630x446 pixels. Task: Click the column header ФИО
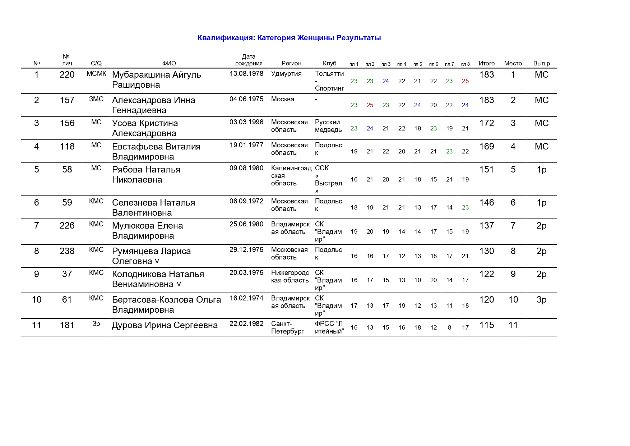(169, 64)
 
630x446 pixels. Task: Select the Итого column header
(487, 64)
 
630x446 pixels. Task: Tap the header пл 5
(417, 64)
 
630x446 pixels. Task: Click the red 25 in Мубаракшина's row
(465, 81)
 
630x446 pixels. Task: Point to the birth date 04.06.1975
(246, 99)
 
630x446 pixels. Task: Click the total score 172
(487, 123)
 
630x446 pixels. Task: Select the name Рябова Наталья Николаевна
(146, 175)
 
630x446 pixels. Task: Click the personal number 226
(67, 226)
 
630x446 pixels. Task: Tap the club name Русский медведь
(328, 126)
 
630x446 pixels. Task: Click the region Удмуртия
(286, 74)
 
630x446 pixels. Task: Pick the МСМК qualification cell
(96, 74)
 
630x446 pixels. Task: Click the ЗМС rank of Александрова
(96, 99)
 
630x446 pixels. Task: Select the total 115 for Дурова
(487, 325)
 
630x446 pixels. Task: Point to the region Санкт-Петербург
(287, 327)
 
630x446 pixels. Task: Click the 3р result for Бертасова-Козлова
(541, 300)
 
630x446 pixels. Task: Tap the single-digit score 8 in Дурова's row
(449, 328)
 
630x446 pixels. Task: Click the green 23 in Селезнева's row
(465, 208)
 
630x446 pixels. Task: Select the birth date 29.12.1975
(246, 250)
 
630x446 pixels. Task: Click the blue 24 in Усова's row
(370, 129)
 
